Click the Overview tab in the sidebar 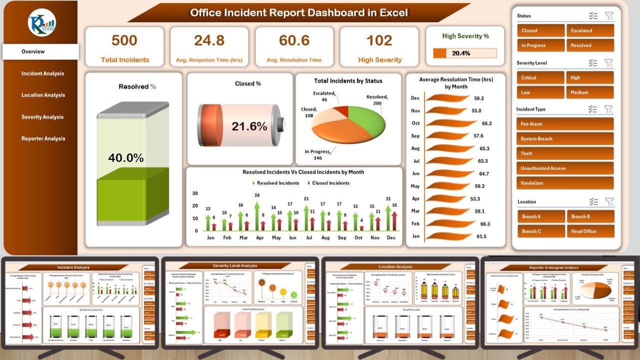pyautogui.click(x=33, y=51)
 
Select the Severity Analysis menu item pyautogui.click(x=42, y=117)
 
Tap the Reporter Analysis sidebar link pyautogui.click(x=42, y=138)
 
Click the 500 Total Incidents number pyautogui.click(x=124, y=41)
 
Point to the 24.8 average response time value pyautogui.click(x=209, y=41)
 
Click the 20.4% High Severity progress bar pyautogui.click(x=465, y=53)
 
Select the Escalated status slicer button pyautogui.click(x=590, y=30)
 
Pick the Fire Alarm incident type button pyautogui.click(x=565, y=124)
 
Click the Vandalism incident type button pyautogui.click(x=565, y=183)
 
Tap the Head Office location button pyautogui.click(x=590, y=231)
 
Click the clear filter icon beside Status pyautogui.click(x=608, y=16)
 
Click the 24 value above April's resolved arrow pyautogui.click(x=257, y=195)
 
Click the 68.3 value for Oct pyautogui.click(x=486, y=123)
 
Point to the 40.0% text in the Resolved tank pyautogui.click(x=126, y=158)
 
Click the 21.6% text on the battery pyautogui.click(x=249, y=126)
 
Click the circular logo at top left pyautogui.click(x=42, y=22)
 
